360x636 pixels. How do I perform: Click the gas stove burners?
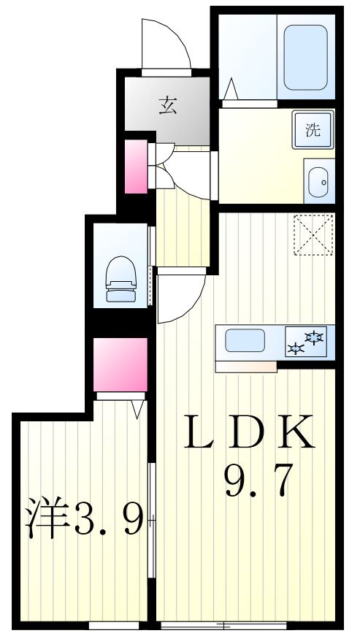pos(307,342)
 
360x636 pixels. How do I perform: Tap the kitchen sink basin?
pos(245,341)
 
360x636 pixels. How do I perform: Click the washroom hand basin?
pos(319,180)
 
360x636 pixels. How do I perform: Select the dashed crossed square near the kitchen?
pos(313,234)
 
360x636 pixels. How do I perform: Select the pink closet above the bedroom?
pos(120,364)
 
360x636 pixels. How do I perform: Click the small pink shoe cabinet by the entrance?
pos(136,167)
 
